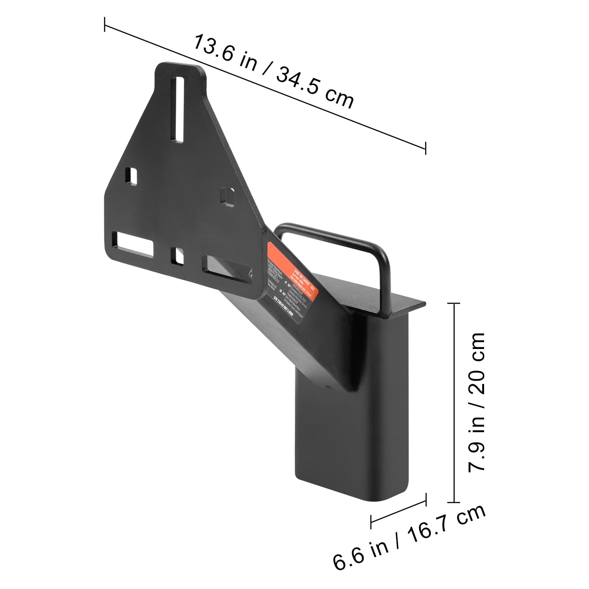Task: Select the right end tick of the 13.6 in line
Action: [x=426, y=148]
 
